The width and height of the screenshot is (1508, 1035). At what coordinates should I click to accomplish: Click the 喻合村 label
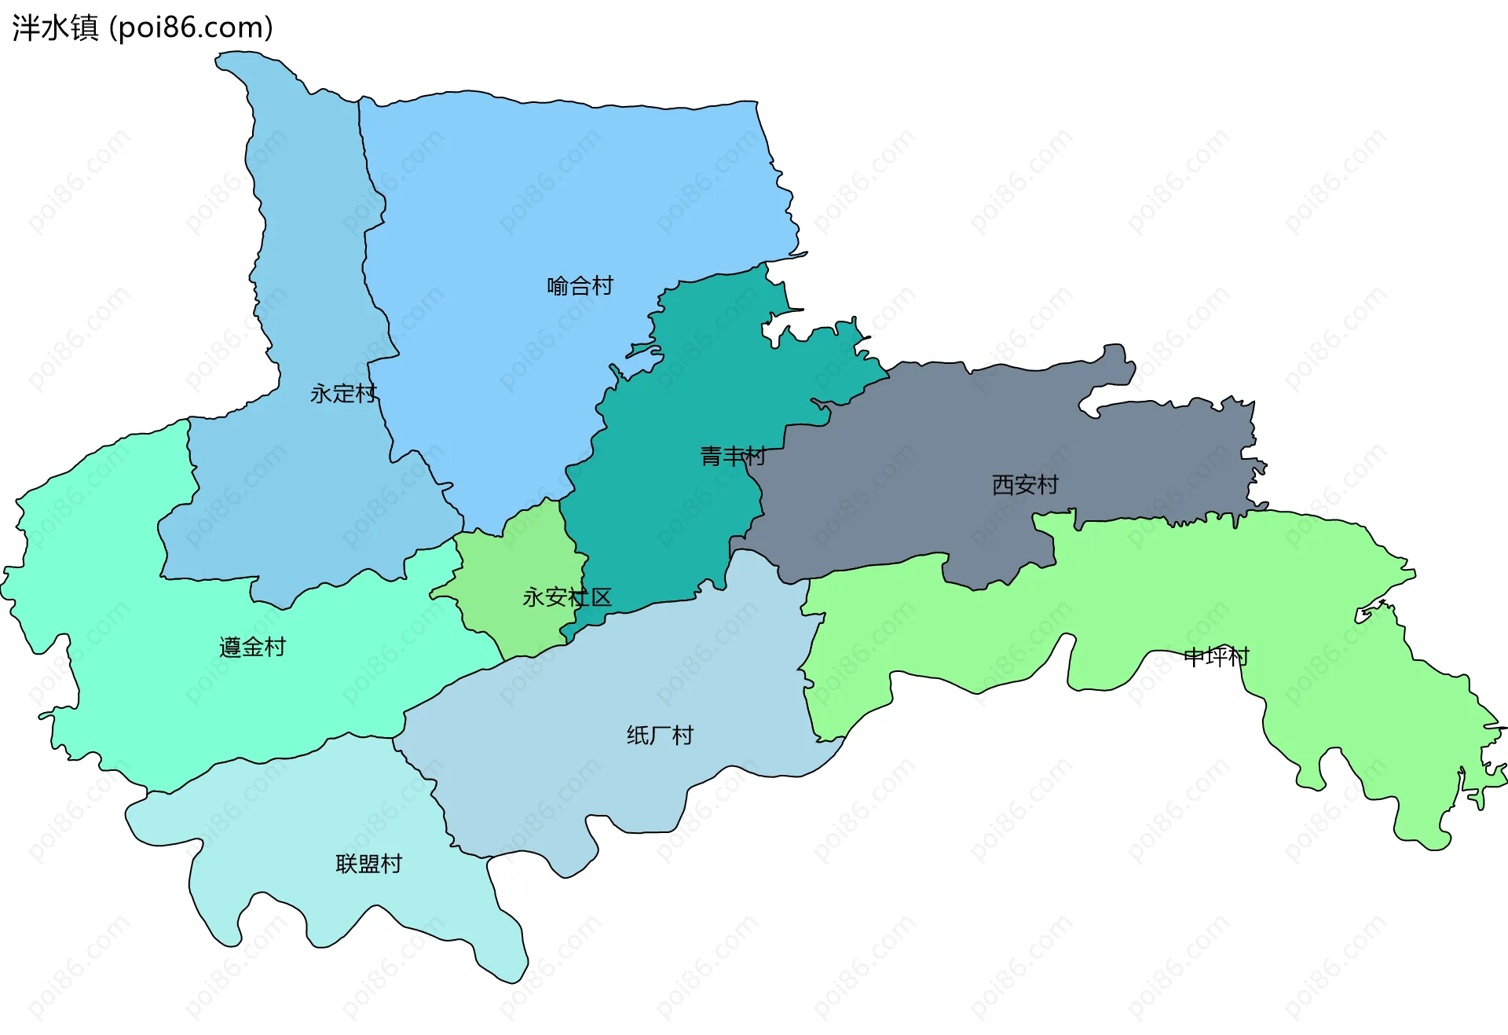[x=580, y=286]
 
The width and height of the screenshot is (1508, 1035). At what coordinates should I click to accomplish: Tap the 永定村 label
[x=343, y=393]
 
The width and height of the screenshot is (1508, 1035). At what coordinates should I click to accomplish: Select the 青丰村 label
[x=732, y=456]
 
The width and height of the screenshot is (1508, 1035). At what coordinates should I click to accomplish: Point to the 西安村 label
[x=1025, y=485]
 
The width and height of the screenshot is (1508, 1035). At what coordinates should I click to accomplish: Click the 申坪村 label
[x=1216, y=656]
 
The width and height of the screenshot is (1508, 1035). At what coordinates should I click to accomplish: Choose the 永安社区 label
[x=566, y=597]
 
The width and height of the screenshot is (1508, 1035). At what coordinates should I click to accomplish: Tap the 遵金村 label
[x=252, y=648]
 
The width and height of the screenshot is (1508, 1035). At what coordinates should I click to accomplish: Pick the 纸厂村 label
[x=660, y=736]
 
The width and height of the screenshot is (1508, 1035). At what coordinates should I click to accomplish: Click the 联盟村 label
[x=368, y=864]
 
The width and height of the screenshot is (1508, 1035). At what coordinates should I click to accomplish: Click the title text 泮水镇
[x=55, y=28]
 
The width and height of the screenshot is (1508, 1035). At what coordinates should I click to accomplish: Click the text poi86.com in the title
[x=191, y=28]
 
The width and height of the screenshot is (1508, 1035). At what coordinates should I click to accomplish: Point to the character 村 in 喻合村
[x=602, y=286]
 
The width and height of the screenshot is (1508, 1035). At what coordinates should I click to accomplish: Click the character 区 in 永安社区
[x=601, y=597]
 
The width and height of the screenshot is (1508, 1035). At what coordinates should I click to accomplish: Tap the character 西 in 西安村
[x=1003, y=485]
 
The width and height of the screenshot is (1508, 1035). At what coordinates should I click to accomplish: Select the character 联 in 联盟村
[x=346, y=864]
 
